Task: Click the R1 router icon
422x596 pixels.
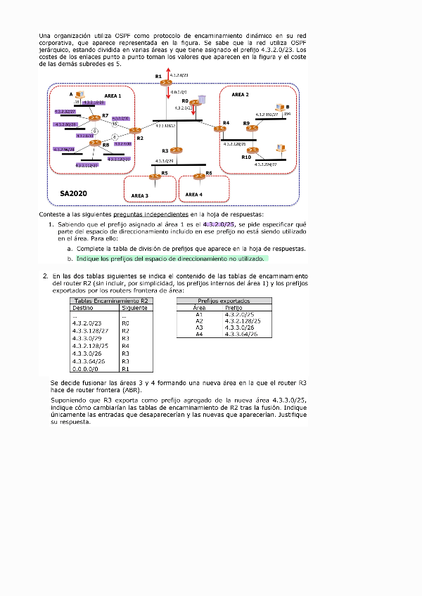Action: [x=165, y=84]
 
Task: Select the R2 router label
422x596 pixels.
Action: [x=140, y=138]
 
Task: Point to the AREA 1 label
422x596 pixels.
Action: [x=113, y=96]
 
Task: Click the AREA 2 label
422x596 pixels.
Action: [x=240, y=94]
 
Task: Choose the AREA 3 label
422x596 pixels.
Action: [x=140, y=195]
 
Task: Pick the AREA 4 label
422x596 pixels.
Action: [x=193, y=195]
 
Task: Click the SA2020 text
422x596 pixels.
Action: [x=74, y=192]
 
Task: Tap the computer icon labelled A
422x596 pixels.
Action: [x=81, y=95]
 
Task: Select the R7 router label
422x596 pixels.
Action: [x=105, y=115]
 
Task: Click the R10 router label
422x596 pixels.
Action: [x=246, y=157]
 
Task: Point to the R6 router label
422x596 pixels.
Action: [x=209, y=172]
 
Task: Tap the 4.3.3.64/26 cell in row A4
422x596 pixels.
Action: [x=241, y=334]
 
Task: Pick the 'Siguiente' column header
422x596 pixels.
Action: [x=134, y=307]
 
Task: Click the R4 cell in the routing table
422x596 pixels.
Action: [x=126, y=346]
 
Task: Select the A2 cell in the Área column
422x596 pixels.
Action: [x=199, y=320]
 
